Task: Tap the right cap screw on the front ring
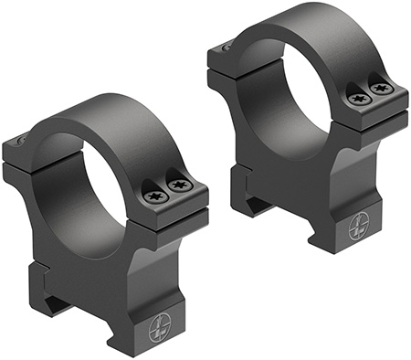click(x=180, y=185)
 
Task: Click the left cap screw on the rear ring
click(x=356, y=96)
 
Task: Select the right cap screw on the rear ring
click(x=380, y=90)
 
